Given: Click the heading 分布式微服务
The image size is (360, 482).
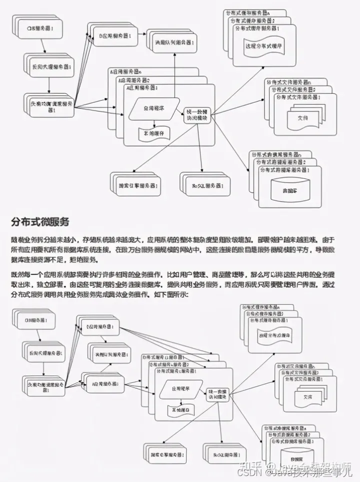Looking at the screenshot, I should [39, 221].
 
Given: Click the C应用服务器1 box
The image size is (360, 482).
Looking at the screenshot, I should [102, 328].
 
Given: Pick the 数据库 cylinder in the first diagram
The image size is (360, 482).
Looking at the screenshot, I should [288, 191].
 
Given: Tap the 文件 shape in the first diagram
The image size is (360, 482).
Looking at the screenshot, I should [302, 119].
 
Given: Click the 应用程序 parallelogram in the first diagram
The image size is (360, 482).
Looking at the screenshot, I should [153, 109].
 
